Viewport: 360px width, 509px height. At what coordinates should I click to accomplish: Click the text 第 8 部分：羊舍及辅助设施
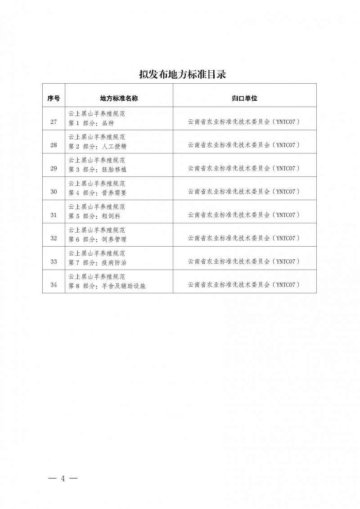point(106,285)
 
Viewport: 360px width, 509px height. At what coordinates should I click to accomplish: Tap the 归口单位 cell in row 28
point(244,145)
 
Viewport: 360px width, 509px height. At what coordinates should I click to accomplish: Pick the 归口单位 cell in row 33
point(244,261)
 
